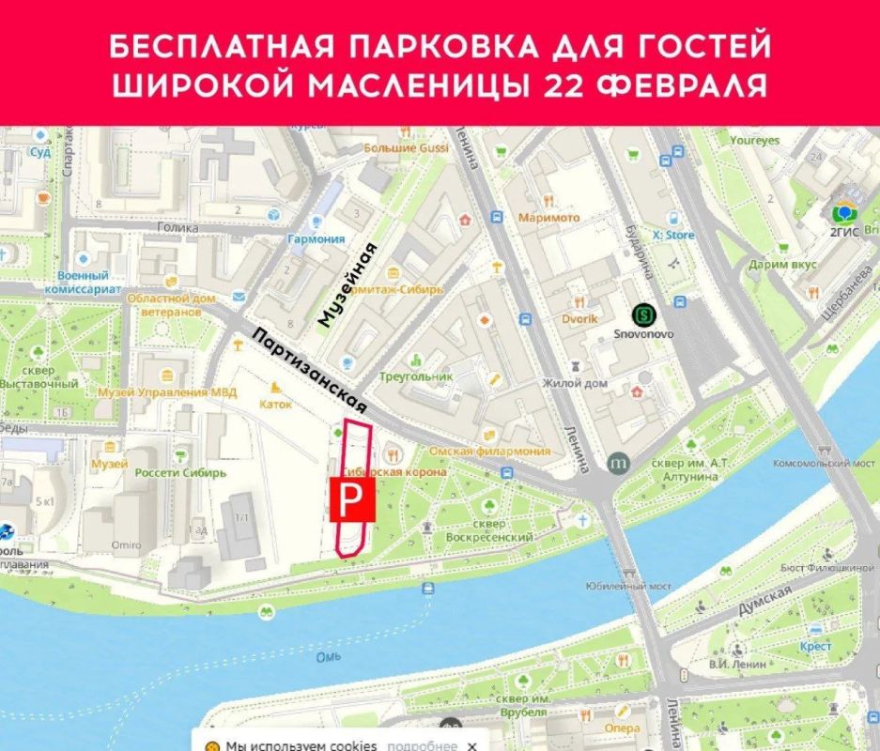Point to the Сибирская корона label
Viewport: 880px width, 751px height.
[394, 471]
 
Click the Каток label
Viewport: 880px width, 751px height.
[276, 405]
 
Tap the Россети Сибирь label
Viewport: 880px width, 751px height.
[180, 473]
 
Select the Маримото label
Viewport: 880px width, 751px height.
[548, 218]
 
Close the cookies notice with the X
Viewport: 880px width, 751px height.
[471, 745]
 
